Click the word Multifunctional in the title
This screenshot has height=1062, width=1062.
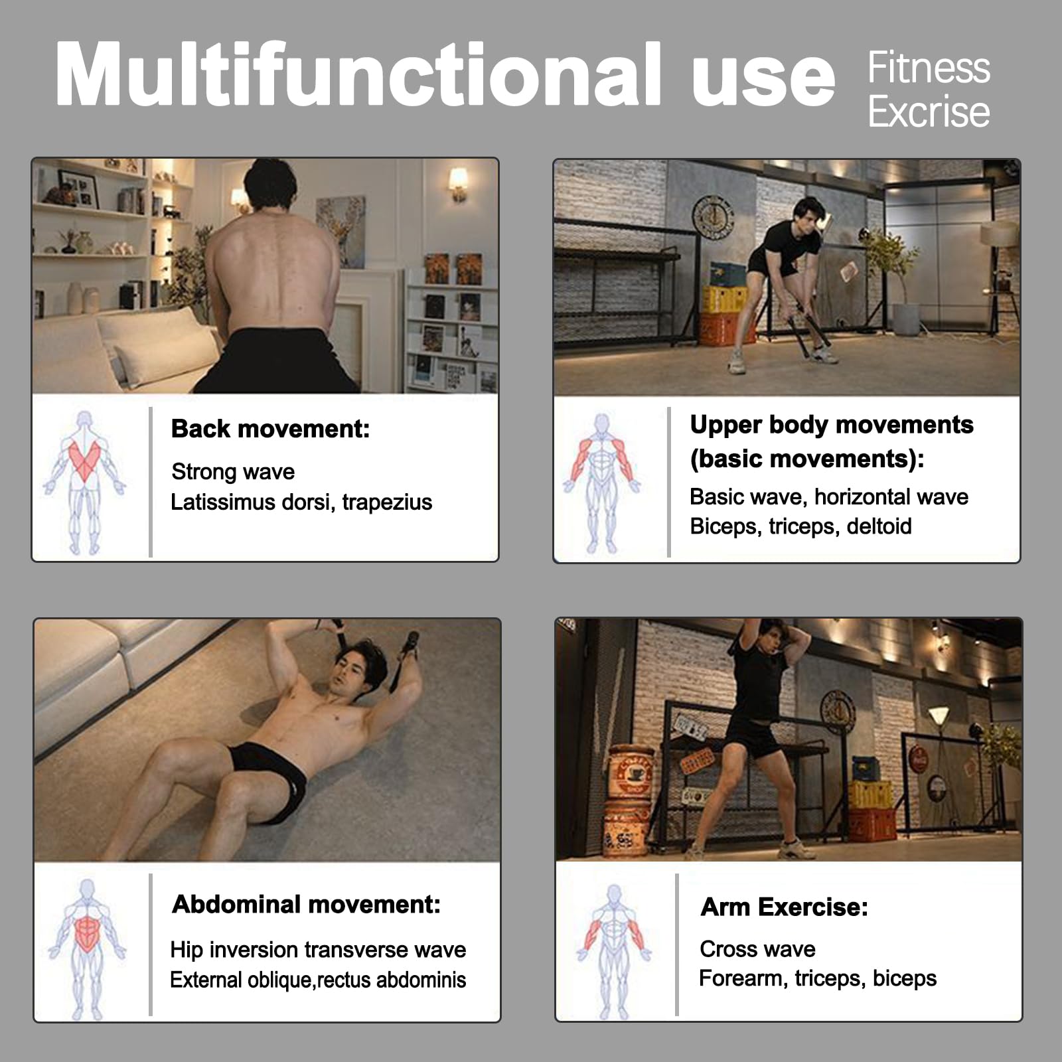(358, 74)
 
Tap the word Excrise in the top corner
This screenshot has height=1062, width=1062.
(929, 112)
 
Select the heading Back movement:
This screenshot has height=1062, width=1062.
(270, 429)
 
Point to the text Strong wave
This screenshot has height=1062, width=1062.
(233, 471)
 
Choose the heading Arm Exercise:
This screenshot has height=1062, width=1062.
(785, 907)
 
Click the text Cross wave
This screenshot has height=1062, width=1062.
(757, 949)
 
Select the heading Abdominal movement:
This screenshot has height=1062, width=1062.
(307, 904)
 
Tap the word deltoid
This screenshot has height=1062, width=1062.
(879, 526)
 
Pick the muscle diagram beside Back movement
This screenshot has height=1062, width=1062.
(84, 483)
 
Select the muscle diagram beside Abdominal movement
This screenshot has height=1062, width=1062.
(87, 948)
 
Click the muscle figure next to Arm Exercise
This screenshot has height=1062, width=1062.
(614, 951)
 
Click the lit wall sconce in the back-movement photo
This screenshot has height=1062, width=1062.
(457, 183)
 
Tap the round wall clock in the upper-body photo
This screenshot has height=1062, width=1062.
(714, 216)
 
